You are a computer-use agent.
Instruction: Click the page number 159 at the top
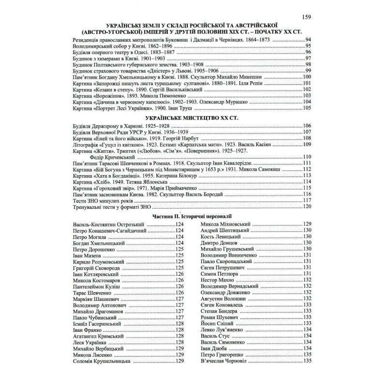(307, 18)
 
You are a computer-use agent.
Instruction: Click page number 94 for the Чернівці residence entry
(307, 39)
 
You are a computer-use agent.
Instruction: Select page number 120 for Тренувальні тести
(306, 207)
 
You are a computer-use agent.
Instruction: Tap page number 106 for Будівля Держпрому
(306, 126)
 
